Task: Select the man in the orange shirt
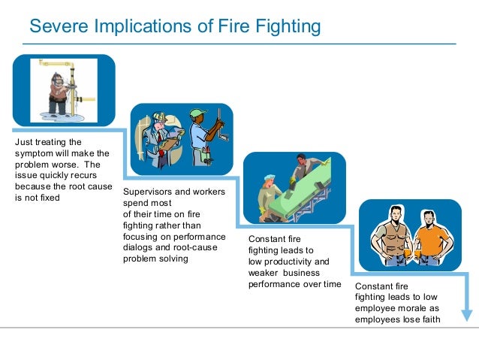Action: [x=431, y=233]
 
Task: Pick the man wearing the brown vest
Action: [x=389, y=233]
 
